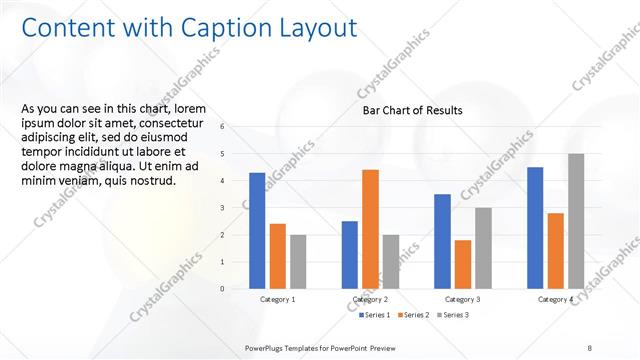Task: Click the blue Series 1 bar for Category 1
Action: click(257, 231)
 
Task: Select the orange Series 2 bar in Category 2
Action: click(370, 229)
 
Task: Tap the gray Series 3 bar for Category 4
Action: click(576, 221)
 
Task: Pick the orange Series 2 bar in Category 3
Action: click(463, 264)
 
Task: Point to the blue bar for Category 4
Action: click(535, 228)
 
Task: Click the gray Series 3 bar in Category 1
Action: click(298, 262)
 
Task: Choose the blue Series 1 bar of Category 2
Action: click(350, 255)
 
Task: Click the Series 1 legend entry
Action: click(375, 315)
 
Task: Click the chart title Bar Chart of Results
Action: click(413, 110)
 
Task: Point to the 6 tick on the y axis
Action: click(236, 127)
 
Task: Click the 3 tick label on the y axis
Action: click(236, 208)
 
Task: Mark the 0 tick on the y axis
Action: click(236, 289)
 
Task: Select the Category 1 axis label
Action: click(278, 300)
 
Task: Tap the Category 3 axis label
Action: click(463, 300)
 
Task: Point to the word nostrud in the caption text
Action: click(151, 181)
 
